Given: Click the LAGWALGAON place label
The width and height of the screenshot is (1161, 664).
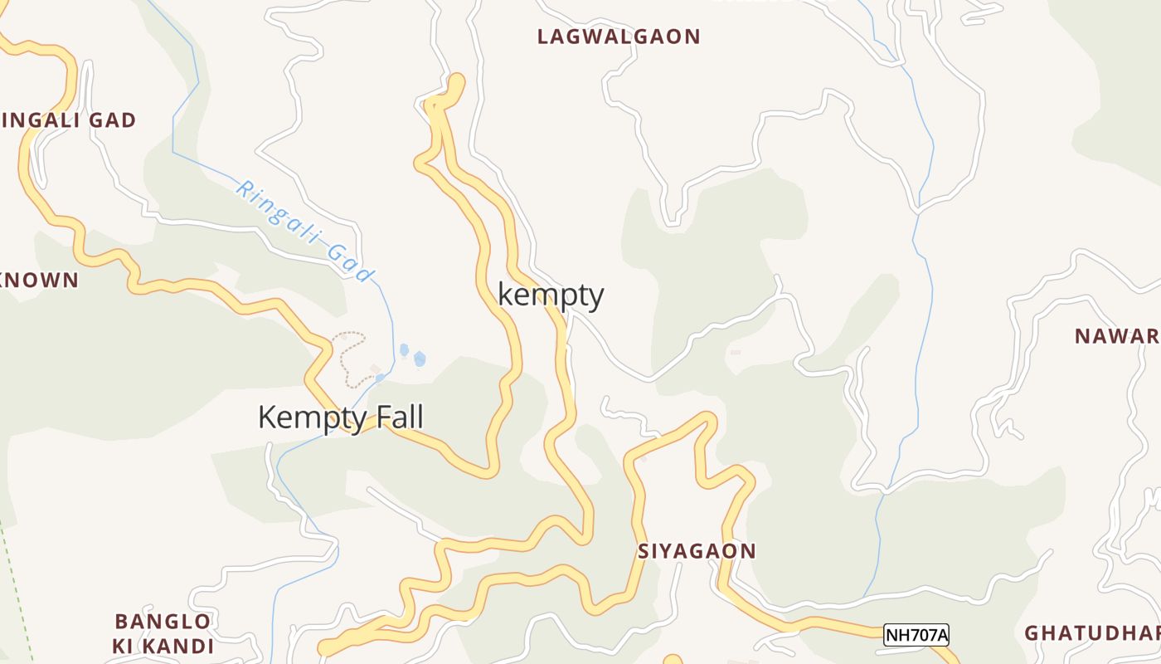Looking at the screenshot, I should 619,37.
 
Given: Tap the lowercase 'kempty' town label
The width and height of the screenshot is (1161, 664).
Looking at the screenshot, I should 551,295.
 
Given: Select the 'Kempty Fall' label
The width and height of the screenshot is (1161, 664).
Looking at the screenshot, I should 340,417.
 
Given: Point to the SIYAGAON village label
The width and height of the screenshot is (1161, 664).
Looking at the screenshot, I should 697,551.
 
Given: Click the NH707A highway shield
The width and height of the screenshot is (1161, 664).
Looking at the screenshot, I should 916,635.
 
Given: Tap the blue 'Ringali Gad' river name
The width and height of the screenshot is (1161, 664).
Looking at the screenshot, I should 305,231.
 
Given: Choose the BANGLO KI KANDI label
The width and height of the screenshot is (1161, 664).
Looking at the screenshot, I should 163,633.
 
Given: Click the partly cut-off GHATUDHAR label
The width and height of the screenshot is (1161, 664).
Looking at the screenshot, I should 1091,632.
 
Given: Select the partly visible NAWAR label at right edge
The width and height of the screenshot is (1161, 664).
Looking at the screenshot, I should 1116,336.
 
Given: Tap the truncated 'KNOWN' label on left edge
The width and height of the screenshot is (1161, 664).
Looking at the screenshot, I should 39,281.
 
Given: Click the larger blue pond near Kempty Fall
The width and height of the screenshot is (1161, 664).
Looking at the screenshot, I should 420,359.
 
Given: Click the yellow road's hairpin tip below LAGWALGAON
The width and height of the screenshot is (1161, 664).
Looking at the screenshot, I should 455,81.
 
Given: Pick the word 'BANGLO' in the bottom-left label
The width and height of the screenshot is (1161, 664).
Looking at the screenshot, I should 163,622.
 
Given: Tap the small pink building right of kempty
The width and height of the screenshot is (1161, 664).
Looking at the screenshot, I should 735,353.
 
